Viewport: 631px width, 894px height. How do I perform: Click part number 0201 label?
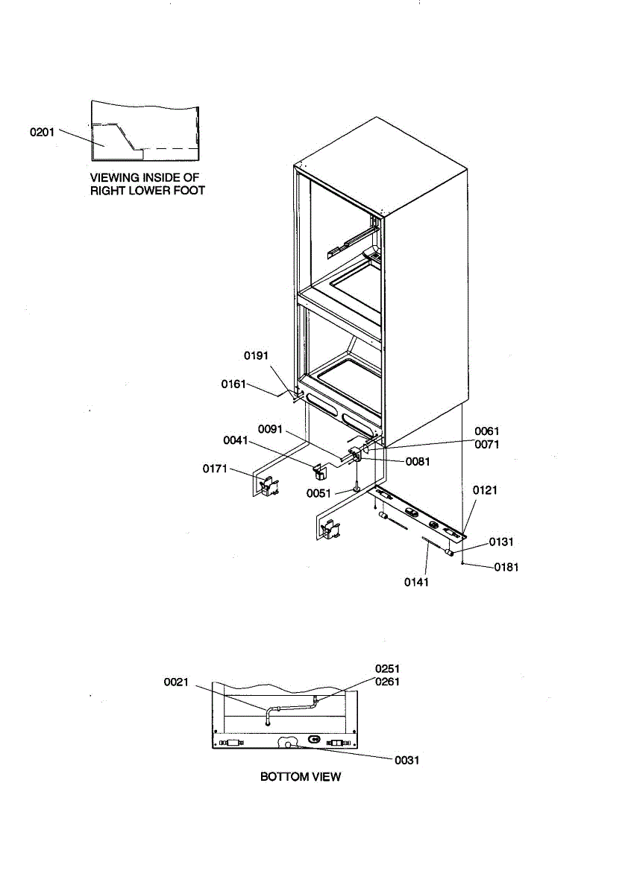(x=43, y=132)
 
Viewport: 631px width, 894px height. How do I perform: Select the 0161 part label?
(x=233, y=384)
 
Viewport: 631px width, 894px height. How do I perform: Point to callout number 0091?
(x=271, y=429)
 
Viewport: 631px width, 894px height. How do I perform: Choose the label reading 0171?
(x=215, y=469)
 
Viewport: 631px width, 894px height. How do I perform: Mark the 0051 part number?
(x=318, y=493)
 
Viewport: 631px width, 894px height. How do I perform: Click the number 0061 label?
(x=487, y=431)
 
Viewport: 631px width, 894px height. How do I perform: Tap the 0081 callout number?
(x=418, y=462)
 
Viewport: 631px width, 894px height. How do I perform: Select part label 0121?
(x=485, y=490)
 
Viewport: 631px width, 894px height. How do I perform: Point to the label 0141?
(x=417, y=582)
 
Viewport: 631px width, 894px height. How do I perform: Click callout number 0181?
(x=506, y=567)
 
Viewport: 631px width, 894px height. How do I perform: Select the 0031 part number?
(x=407, y=760)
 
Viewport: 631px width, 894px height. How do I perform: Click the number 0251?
(x=387, y=668)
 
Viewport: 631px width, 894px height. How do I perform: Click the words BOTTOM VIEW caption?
(x=301, y=777)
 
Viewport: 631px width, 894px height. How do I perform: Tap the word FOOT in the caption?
(x=187, y=191)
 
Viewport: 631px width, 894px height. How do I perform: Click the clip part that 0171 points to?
(x=267, y=486)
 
